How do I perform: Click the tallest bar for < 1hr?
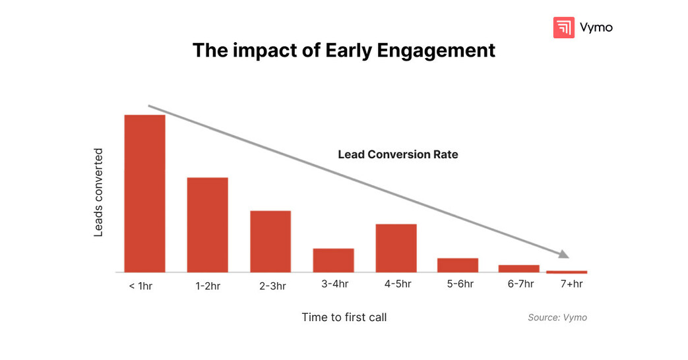pyautogui.click(x=144, y=193)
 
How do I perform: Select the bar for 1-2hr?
pyautogui.click(x=207, y=225)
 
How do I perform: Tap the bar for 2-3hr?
pyautogui.click(x=270, y=241)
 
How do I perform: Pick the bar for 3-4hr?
pyautogui.click(x=333, y=260)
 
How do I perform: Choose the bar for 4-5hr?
pyautogui.click(x=396, y=248)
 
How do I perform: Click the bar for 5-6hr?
pyautogui.click(x=458, y=265)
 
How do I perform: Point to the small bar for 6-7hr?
pyautogui.click(x=518, y=268)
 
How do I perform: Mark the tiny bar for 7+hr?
pyautogui.click(x=567, y=272)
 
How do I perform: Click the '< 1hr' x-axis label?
pyautogui.click(x=141, y=286)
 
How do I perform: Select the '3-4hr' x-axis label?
pyautogui.click(x=334, y=284)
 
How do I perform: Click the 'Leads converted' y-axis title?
pyautogui.click(x=98, y=193)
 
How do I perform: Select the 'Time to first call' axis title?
pyautogui.click(x=344, y=317)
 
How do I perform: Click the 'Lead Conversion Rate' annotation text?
pyautogui.click(x=398, y=154)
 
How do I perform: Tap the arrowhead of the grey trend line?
pyautogui.click(x=563, y=255)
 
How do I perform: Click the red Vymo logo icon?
pyautogui.click(x=563, y=28)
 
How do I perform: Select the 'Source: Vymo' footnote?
pyautogui.click(x=557, y=317)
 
